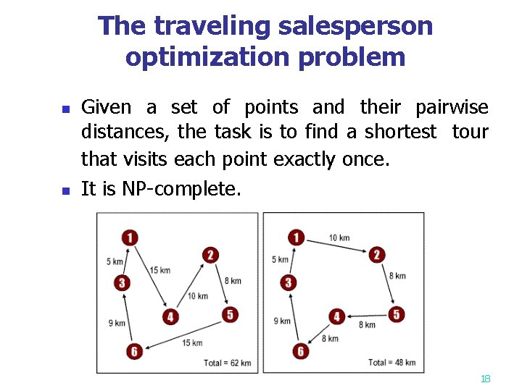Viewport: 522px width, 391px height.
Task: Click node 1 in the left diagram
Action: click(x=130, y=237)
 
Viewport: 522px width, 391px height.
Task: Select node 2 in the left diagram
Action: click(x=210, y=254)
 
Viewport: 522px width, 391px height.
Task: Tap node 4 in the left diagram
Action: click(x=170, y=316)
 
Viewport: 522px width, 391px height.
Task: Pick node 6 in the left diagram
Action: click(x=133, y=352)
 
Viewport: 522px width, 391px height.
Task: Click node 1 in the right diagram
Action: click(x=297, y=237)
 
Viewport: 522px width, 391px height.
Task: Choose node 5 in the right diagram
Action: click(x=396, y=314)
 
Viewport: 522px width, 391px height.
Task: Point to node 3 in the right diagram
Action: click(x=289, y=282)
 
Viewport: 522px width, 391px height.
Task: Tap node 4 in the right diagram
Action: click(x=336, y=316)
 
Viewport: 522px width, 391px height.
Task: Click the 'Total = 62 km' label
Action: click(x=227, y=363)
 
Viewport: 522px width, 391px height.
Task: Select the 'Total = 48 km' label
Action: click(x=392, y=362)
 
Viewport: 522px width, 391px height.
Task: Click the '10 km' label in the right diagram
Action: click(x=339, y=238)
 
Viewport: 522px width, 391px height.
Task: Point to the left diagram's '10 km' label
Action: click(x=197, y=295)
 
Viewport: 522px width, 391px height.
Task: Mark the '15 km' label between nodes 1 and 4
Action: click(x=160, y=270)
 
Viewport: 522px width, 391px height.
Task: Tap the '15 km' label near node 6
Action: click(x=192, y=342)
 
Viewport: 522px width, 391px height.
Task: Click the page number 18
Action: click(x=486, y=379)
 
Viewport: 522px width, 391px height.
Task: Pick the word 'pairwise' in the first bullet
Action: click(x=452, y=108)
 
